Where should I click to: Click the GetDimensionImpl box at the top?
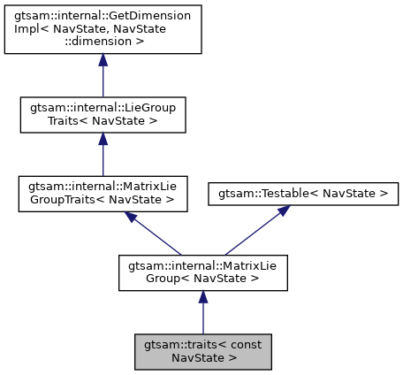pos(103,29)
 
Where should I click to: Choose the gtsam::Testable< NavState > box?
pos(303,192)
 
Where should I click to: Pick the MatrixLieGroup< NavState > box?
pos(202,272)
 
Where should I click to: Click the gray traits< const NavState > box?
pos(202,351)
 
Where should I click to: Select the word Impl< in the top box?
pos(32,29)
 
